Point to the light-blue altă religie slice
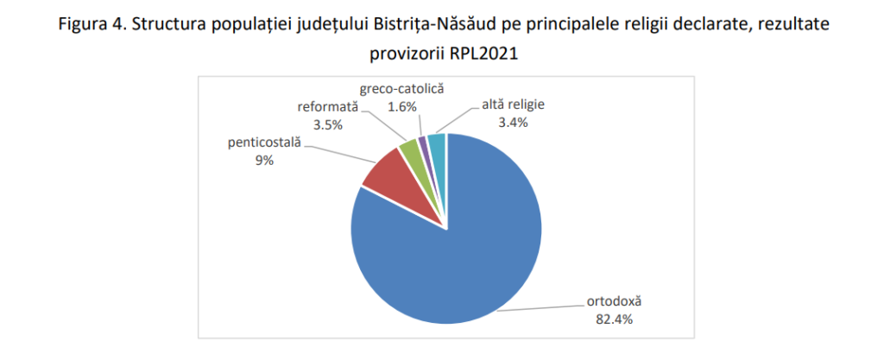436,142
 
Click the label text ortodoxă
610,302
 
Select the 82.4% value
610,319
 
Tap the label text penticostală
264,142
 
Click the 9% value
264,159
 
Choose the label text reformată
328,107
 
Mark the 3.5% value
328,124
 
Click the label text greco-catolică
402,88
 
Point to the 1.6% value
402,106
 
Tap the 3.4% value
508,123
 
